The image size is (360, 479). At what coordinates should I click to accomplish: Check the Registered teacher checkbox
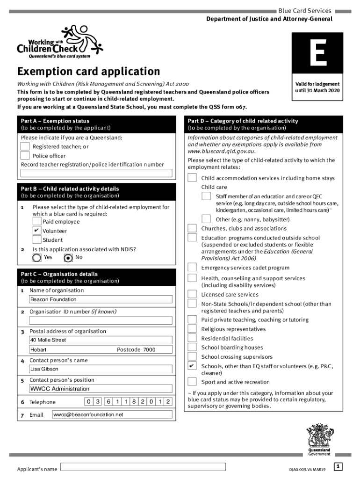(25, 146)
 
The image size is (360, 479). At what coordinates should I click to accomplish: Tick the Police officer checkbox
(25, 156)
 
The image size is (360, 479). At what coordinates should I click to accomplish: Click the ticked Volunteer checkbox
(37, 231)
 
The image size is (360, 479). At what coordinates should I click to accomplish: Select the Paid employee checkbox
(37, 221)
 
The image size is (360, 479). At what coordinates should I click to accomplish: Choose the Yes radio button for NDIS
(36, 257)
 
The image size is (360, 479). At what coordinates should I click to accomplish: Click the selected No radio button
(68, 257)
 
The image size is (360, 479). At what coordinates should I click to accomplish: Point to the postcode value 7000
(149, 350)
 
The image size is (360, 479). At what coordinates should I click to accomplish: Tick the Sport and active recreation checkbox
(192, 382)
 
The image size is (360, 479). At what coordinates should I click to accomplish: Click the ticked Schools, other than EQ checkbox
(192, 366)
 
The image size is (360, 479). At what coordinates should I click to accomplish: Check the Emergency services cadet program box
(192, 267)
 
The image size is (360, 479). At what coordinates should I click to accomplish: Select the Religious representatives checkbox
(192, 329)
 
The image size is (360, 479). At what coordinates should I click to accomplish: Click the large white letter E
(317, 54)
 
